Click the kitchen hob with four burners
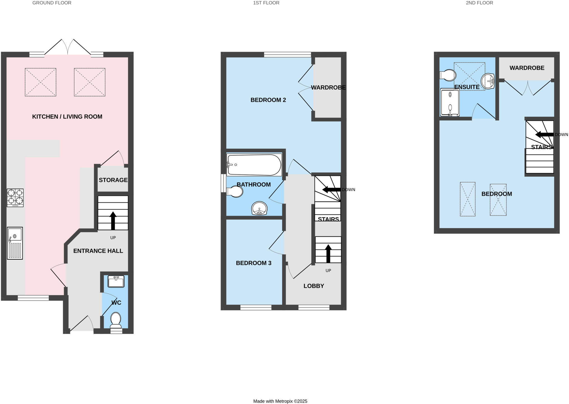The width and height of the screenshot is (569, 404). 15,198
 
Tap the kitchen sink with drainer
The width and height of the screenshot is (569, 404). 15,243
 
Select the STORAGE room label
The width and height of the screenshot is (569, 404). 113,180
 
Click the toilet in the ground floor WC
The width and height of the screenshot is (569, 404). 116,320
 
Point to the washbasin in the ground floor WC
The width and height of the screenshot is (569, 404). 116,281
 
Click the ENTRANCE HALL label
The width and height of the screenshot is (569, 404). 98,251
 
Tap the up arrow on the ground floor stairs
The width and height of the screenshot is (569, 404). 113,220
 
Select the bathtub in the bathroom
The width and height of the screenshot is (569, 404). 254,165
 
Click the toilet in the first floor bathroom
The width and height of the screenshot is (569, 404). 235,191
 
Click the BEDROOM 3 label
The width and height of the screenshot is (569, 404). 253,263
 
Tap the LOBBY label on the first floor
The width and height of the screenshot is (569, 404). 314,286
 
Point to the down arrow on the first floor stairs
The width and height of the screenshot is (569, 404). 331,190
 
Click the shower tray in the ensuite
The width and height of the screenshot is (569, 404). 450,102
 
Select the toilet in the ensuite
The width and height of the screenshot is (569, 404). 448,75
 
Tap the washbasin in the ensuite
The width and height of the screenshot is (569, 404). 488,81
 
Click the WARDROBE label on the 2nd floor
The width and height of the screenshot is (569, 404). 527,68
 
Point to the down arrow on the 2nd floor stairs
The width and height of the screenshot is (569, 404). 544,135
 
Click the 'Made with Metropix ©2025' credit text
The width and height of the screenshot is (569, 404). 280,401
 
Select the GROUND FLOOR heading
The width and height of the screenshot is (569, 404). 52,3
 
